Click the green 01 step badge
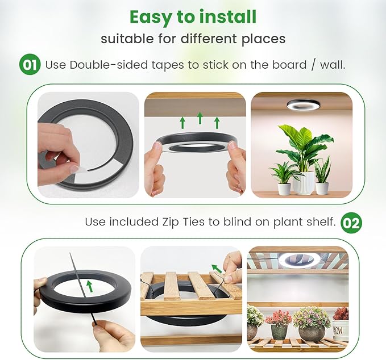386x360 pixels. point(30,65)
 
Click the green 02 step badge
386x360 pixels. point(351,222)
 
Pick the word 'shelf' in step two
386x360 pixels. point(321,222)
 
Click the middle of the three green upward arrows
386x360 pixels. point(200,118)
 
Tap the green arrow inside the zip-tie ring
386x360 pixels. point(89,284)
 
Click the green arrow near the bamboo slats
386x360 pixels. point(217,269)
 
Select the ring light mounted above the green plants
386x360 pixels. point(301,105)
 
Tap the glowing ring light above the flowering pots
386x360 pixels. point(297,259)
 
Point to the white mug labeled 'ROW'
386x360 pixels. point(341,330)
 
